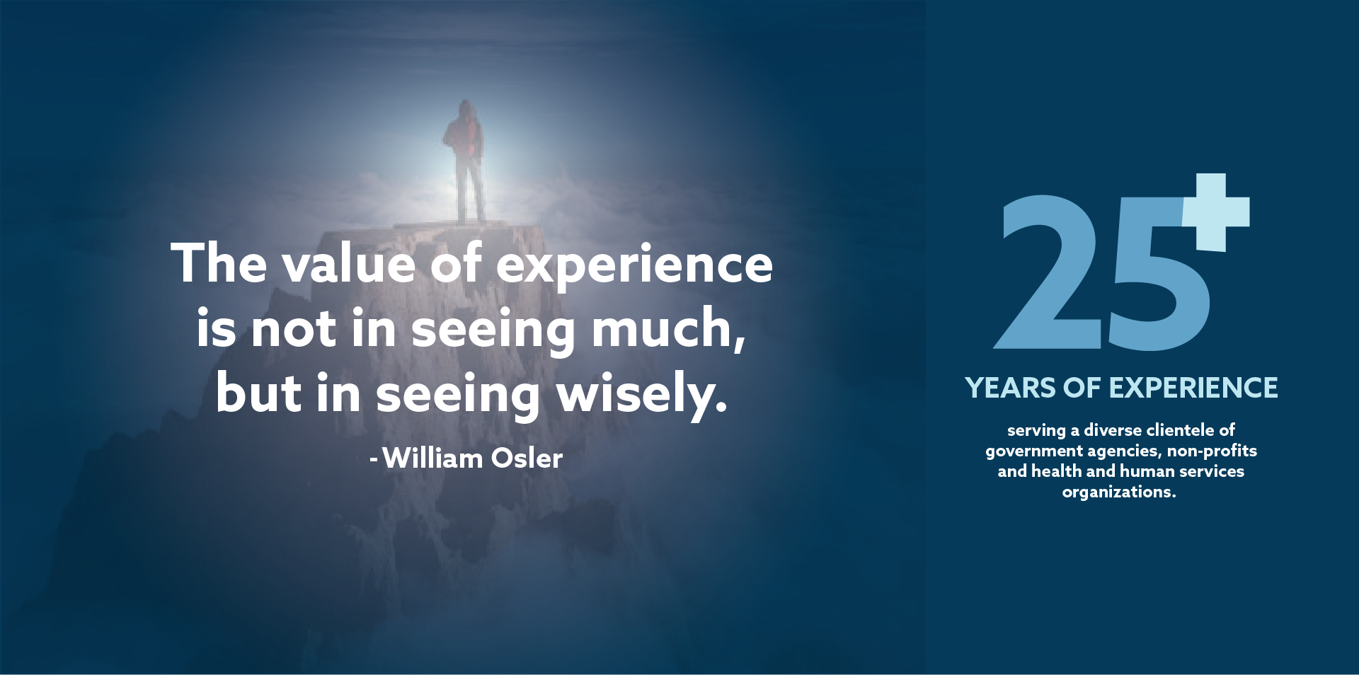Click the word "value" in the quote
[348, 264]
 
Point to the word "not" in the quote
[294, 330]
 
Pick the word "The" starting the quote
[219, 263]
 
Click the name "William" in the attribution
[432, 458]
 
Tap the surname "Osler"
[527, 458]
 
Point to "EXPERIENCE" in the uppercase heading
[1193, 388]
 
